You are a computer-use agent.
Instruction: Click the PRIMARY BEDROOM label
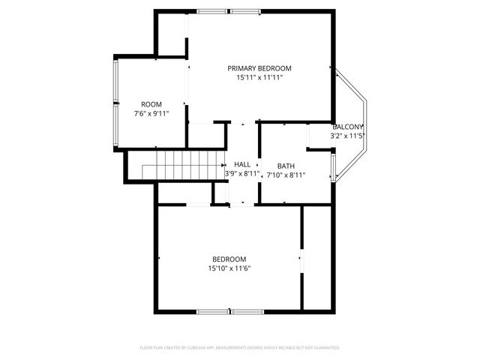(259, 68)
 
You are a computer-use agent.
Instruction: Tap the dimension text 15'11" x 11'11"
(259, 77)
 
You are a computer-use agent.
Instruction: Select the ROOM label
(151, 104)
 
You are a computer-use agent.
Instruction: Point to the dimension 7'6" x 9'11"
(151, 114)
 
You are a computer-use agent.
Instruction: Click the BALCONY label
(348, 127)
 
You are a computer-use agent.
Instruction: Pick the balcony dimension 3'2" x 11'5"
(348, 136)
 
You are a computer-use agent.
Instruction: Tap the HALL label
(242, 164)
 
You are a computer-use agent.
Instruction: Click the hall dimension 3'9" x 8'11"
(242, 173)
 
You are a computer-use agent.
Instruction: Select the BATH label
(286, 166)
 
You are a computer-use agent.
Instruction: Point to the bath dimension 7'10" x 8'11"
(286, 175)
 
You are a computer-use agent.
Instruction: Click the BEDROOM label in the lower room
(229, 259)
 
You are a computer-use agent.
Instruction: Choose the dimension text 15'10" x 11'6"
(229, 268)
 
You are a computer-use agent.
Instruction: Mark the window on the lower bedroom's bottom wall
(229, 311)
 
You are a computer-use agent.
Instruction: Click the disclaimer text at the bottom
(240, 348)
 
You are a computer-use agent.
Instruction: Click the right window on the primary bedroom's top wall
(245, 11)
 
